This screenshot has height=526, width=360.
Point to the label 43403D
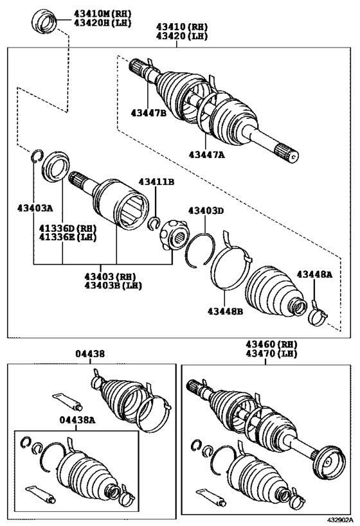(206, 211)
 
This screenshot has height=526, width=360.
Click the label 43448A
(314, 275)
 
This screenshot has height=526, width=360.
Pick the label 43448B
(225, 312)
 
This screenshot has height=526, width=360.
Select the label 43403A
(35, 208)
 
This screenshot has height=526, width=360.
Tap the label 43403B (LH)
(113, 285)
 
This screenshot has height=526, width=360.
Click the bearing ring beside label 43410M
(46, 19)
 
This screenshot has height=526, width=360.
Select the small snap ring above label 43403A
(37, 155)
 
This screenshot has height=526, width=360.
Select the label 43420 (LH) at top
(181, 36)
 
